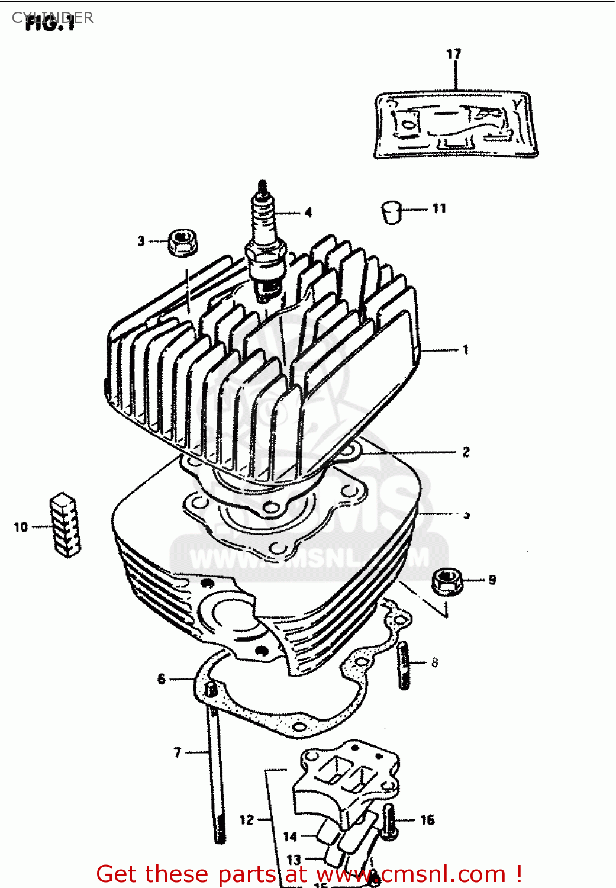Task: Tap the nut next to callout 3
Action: coord(182,242)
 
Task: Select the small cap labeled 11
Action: coord(391,211)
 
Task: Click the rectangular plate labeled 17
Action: coord(455,124)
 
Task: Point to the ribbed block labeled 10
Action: coord(64,525)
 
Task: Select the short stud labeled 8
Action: coord(404,665)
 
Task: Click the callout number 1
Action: coord(466,350)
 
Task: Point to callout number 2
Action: coord(466,452)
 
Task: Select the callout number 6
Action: coord(161,679)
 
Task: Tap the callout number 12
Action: coord(246,820)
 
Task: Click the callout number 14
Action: coord(290,836)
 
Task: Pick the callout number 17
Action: coord(453,54)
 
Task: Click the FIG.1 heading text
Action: coord(50,24)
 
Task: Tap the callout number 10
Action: coord(21,526)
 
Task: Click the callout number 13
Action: coord(294,860)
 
